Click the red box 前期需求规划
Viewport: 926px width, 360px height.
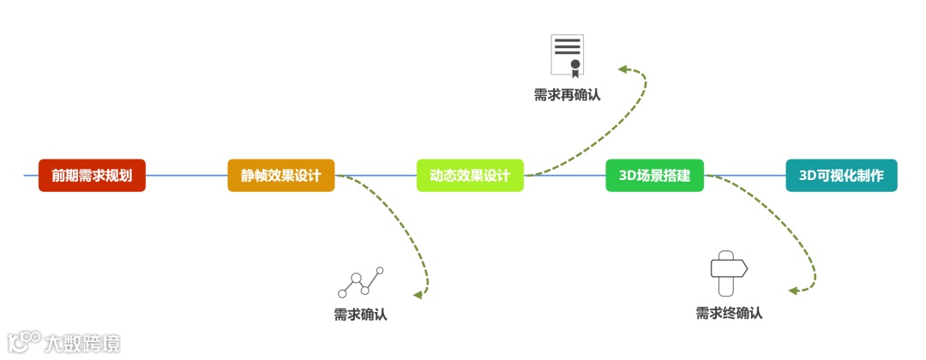point(92,176)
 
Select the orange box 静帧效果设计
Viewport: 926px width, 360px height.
point(281,176)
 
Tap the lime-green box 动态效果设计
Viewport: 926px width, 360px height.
point(470,176)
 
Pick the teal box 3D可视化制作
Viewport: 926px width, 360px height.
point(841,176)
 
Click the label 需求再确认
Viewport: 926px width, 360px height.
point(567,94)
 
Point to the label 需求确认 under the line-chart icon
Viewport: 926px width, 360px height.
point(360,315)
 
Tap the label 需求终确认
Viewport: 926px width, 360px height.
point(729,313)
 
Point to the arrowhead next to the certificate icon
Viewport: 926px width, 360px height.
point(623,68)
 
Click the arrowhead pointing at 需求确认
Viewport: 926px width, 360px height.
point(418,295)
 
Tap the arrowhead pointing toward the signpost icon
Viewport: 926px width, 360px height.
point(794,291)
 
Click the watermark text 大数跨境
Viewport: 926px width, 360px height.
point(82,343)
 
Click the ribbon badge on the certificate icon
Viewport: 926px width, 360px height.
point(575,66)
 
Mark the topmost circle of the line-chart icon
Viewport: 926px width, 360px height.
point(380,271)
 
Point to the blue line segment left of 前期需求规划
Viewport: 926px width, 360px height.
point(31,176)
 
